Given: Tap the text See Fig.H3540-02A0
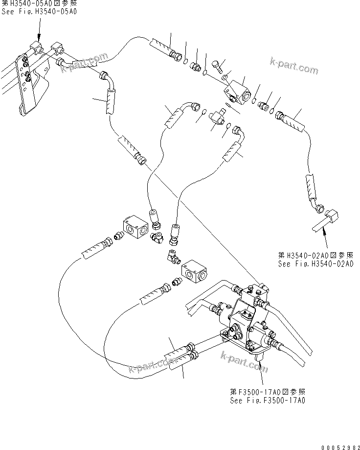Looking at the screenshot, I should [x=315, y=264].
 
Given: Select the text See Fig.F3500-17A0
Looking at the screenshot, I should [x=268, y=400].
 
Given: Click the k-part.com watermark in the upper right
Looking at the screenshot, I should [x=293, y=66].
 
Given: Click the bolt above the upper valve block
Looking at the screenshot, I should [x=218, y=64].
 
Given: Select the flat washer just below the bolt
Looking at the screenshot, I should [x=224, y=77].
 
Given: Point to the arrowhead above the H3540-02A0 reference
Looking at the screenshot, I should [x=323, y=236].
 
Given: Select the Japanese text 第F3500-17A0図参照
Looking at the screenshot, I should [x=268, y=392].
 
